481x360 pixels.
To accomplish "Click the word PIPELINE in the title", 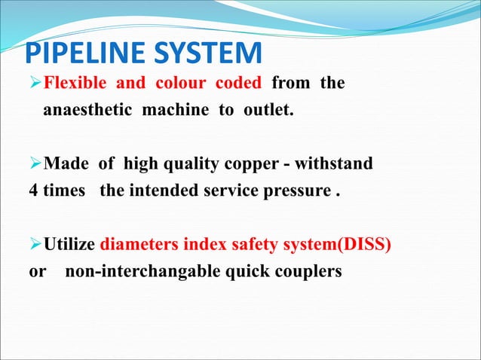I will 81,55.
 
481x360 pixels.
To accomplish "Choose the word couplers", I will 308,272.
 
